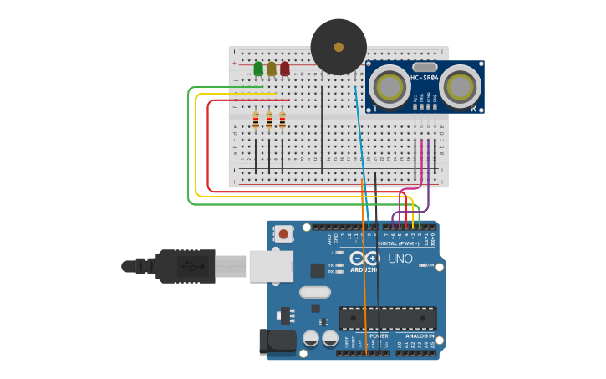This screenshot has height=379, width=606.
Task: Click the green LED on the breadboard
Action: coord(258,69)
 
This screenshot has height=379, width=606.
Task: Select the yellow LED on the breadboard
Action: coord(272,69)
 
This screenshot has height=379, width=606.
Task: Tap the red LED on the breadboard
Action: coord(285,69)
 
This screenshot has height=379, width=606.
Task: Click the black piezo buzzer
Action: coord(339,47)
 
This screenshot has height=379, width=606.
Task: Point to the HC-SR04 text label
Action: coord(425,79)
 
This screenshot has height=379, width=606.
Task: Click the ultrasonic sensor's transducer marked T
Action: coord(389,85)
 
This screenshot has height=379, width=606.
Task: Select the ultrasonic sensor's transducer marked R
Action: coord(460,85)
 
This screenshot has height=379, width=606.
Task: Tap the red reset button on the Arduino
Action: coord(284,234)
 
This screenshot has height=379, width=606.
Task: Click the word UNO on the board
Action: coord(400,259)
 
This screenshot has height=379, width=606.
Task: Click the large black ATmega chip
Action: coord(387,318)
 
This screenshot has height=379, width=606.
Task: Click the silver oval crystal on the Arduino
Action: coord(315,292)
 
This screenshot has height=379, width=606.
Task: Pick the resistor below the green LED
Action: coord(256,121)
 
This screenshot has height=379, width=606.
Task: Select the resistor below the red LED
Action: coord(283,121)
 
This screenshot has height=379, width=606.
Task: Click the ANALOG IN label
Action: coord(420,336)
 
